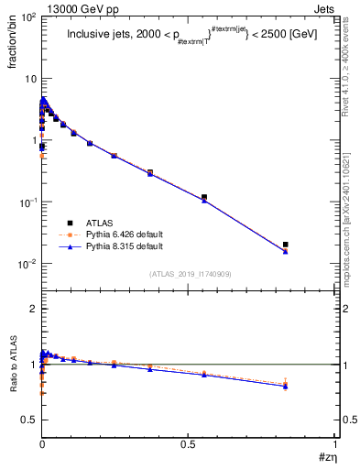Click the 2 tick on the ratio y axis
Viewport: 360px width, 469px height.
(x=32, y=310)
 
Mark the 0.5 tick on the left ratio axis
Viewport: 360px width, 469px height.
(x=27, y=420)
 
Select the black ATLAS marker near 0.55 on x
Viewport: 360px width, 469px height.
(x=203, y=197)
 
